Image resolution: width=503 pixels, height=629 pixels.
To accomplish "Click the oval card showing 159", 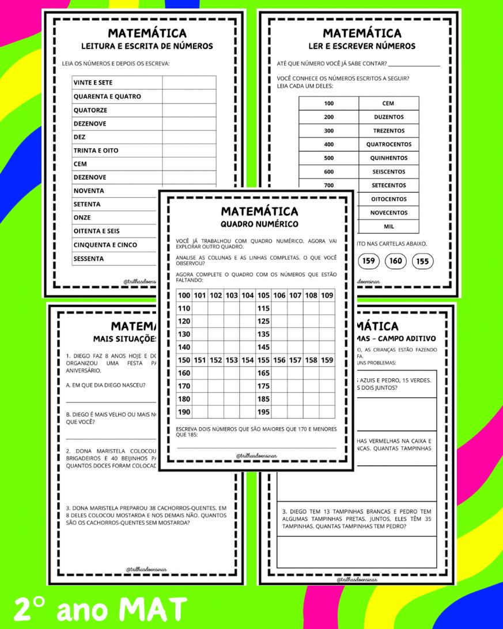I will click(369, 261).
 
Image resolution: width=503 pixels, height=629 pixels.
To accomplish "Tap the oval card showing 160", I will click(396, 261).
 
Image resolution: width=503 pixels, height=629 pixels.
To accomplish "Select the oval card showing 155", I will click(422, 261).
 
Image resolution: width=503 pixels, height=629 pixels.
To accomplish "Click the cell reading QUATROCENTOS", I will click(388, 144).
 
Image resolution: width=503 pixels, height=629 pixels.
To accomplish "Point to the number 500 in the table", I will click(328, 158).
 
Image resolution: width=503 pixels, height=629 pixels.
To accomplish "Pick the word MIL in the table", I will click(388, 227).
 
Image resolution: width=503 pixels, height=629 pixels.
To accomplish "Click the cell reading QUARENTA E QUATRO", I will click(107, 96).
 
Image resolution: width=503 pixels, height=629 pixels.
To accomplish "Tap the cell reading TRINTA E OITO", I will click(96, 150).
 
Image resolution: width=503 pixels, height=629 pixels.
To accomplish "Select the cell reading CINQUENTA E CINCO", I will click(105, 245).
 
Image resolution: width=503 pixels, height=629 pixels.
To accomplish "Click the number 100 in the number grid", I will click(184, 296).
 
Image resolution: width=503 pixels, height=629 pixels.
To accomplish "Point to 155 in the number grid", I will click(263, 360).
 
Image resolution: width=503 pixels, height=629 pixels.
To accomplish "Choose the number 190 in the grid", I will click(184, 412).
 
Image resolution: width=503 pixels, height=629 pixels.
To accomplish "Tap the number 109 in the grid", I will click(327, 296).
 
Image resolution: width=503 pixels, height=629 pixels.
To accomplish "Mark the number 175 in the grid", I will click(263, 386).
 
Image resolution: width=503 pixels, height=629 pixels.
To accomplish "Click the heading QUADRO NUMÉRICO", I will click(259, 224).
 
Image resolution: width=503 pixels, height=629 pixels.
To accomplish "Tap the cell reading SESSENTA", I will click(89, 258).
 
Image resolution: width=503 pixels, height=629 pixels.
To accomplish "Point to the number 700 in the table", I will click(328, 186).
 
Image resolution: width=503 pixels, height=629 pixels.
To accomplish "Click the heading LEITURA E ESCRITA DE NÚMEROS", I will click(146, 46).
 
